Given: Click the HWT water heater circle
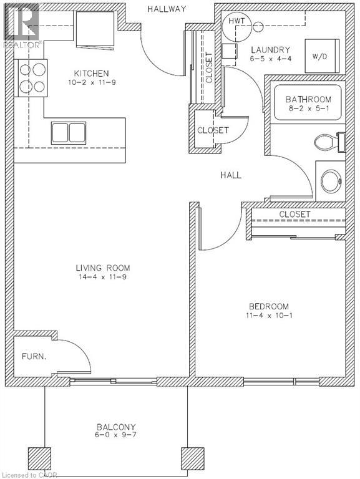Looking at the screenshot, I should pyautogui.click(x=236, y=22).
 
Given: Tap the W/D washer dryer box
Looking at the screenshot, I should pyautogui.click(x=319, y=56).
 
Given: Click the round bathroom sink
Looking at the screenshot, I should pyautogui.click(x=331, y=181).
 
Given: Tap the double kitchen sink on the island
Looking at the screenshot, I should pyautogui.click(x=68, y=133).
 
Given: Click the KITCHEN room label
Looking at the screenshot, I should pyautogui.click(x=89, y=73).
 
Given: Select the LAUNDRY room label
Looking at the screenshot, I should pyautogui.click(x=270, y=49).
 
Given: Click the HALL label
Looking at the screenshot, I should pyautogui.click(x=230, y=175).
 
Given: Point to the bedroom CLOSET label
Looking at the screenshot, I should pyautogui.click(x=294, y=214).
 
